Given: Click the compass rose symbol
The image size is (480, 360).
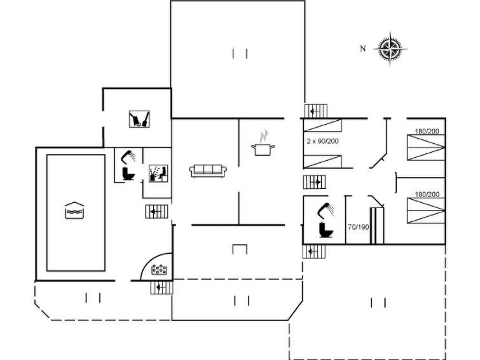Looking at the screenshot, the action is point(390,49).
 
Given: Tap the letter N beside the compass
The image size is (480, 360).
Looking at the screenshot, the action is point(363,48).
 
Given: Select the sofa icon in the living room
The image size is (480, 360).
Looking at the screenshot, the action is point(208,170).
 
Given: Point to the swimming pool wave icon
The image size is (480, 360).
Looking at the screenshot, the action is point(74,210).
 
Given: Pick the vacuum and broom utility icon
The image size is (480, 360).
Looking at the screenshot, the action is point(139,119).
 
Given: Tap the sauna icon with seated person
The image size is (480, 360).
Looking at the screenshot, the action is point(158,174).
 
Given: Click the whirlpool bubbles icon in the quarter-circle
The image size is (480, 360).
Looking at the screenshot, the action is point(159,270).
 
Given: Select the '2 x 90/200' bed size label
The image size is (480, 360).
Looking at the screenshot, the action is point(323,141).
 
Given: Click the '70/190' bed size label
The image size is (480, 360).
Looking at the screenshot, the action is point(358,227).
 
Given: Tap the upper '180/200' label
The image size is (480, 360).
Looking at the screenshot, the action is point(427,131).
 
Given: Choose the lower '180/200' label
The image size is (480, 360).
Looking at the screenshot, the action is point(427,194).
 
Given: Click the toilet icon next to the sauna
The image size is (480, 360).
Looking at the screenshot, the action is point(128,174).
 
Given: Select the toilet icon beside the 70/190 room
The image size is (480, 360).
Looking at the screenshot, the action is point(326,230).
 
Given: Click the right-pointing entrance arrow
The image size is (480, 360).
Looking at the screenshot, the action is point(315,183).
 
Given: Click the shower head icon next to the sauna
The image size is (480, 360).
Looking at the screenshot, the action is point(128,156).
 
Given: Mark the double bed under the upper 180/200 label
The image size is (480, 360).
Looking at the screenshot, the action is point(426,148).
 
